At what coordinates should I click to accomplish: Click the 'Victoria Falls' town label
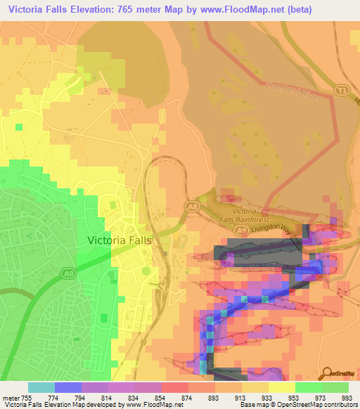point(119,240)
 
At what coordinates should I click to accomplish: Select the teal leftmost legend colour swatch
point(41,387)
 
